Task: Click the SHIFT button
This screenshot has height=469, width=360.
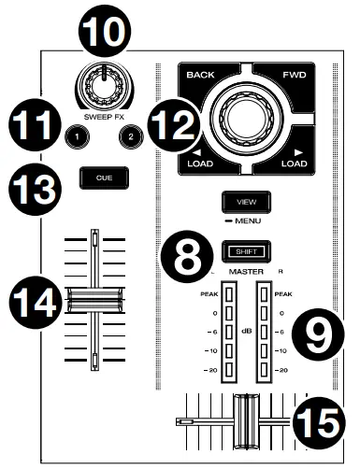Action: click(x=243, y=250)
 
